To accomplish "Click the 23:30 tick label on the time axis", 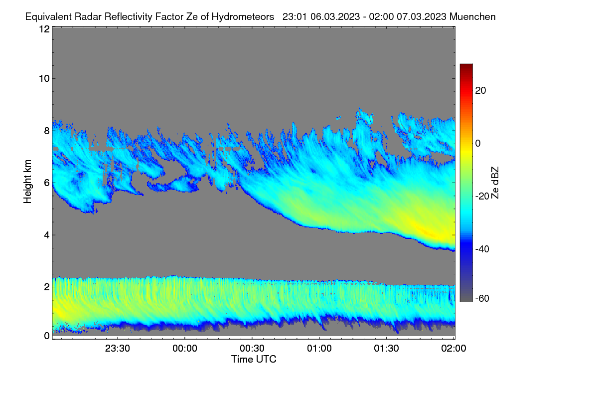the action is point(117,349).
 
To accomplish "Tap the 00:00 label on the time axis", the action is point(185,349).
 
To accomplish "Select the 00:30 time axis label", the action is point(252,349).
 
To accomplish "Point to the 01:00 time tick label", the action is point(319,349).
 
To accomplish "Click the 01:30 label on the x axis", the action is point(386,349).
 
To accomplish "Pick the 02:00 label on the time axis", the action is point(453,349).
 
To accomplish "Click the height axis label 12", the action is point(44,29).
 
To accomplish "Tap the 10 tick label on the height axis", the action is point(44,79).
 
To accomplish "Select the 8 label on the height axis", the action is point(47,131).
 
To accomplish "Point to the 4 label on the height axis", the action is point(47,235).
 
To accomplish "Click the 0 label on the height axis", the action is point(47,336).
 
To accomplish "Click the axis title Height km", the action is point(27,182).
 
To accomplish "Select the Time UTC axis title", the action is point(254,359).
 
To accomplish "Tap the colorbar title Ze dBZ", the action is point(495,183).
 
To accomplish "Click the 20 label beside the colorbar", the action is point(480,91).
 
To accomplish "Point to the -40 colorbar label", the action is point(482,249).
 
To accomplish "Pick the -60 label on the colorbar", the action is point(482,299).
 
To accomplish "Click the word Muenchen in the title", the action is point(472,17).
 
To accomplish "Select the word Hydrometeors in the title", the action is point(243,17).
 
